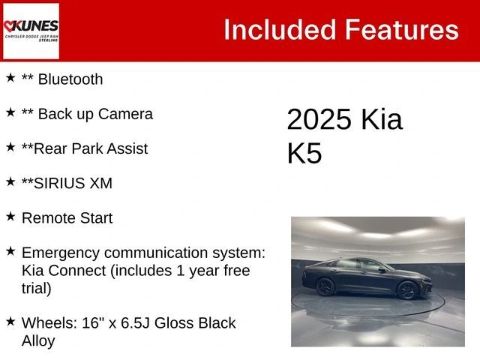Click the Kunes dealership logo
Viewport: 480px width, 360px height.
[31, 31]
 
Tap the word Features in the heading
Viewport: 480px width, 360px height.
[401, 30]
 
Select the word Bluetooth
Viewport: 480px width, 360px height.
[70, 79]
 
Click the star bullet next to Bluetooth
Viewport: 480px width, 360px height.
[10, 77]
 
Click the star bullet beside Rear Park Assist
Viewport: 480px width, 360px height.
[10, 146]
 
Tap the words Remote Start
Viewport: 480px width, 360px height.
[67, 218]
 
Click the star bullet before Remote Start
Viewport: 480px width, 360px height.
[10, 216]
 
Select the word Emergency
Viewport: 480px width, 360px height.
[61, 253]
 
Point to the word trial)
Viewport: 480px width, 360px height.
[36, 288]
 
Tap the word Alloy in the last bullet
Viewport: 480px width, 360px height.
[38, 340]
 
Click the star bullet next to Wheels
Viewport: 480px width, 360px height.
[10, 321]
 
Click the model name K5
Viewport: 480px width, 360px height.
[304, 153]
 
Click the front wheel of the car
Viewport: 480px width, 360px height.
[407, 289]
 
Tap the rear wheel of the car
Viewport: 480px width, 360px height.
[325, 286]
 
